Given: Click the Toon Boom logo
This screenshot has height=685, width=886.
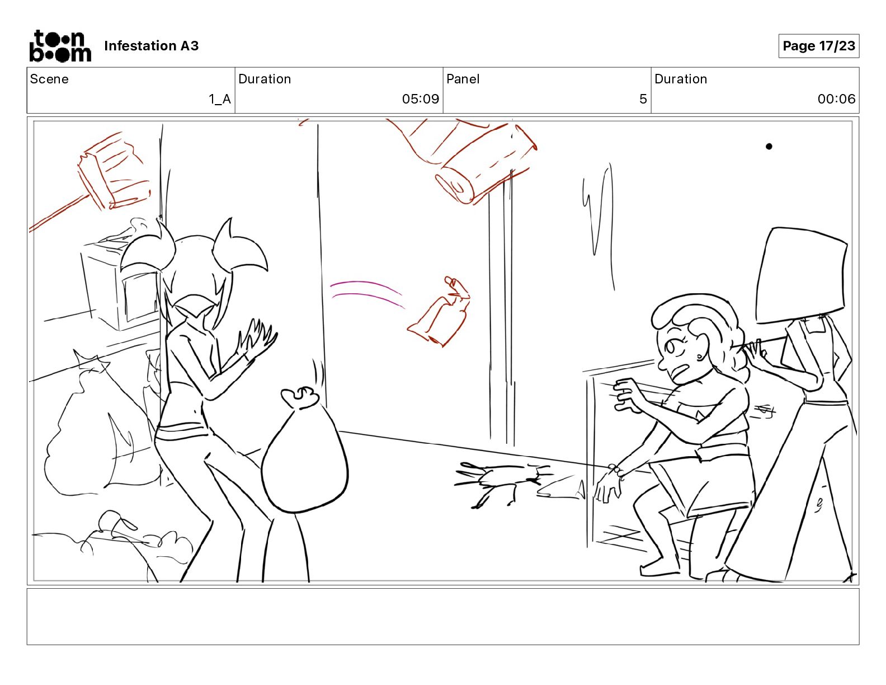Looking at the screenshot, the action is [x=60, y=46].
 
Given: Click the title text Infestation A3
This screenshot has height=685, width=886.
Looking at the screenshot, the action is [x=151, y=46].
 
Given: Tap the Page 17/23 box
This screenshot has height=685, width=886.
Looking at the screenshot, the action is [x=819, y=46].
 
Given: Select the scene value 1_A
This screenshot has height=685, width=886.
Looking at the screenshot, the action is [x=220, y=99].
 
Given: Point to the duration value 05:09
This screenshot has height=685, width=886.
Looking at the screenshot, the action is [x=421, y=99].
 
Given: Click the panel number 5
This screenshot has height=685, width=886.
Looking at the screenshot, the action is [x=643, y=99].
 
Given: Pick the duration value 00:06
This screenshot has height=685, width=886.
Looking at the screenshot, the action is [x=836, y=99].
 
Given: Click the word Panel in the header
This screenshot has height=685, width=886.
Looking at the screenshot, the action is [x=463, y=79].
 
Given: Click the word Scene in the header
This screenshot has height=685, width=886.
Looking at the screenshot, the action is [x=49, y=79].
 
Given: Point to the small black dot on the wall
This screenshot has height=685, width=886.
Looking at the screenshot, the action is [x=769, y=147].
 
